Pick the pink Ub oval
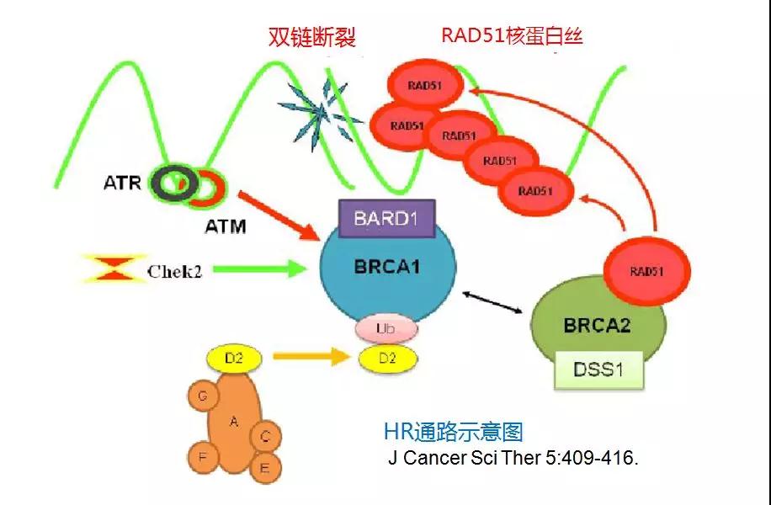tap(386, 328)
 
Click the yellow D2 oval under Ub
tap(386, 358)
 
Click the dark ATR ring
tap(173, 182)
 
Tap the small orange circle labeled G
tap(202, 394)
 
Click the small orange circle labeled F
tap(202, 456)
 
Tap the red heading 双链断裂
tap(312, 37)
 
